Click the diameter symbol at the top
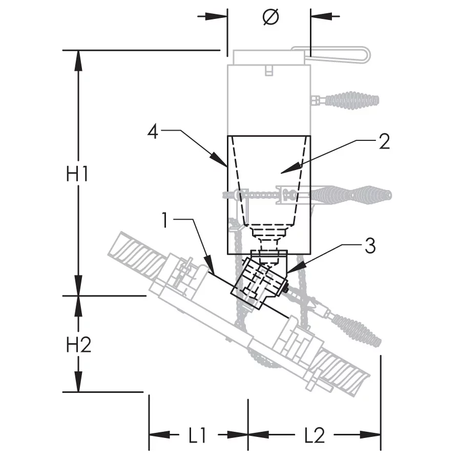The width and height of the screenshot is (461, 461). click(x=270, y=17)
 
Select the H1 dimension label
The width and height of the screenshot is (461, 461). click(x=78, y=175)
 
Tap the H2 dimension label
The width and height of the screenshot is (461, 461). click(x=78, y=346)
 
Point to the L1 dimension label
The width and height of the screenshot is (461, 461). click(x=197, y=435)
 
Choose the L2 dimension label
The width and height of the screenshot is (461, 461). click(x=314, y=435)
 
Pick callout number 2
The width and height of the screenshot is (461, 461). click(x=384, y=142)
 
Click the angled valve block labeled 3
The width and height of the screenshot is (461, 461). click(x=259, y=281)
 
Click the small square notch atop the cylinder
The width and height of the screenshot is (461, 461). click(x=268, y=70)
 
